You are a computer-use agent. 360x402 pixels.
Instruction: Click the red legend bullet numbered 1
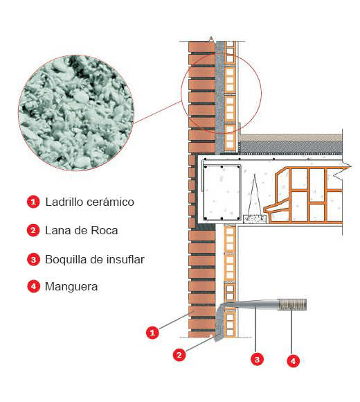tap(33, 202)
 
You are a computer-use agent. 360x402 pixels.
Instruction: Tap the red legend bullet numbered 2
tap(33, 230)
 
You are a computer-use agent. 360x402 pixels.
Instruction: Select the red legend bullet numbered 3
tap(33, 259)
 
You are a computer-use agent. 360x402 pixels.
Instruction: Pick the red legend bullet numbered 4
tap(33, 286)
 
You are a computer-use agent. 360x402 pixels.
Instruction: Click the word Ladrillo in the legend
tap(64, 202)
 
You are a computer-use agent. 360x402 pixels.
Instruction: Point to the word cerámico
tap(110, 202)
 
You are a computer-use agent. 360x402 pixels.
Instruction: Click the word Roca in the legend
tap(105, 231)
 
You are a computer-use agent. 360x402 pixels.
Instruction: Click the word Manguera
tap(71, 286)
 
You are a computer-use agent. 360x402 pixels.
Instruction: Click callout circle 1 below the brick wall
tap(152, 333)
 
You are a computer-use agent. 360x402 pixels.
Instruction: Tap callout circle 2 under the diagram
tap(179, 355)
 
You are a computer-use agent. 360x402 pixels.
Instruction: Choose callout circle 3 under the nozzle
tap(257, 359)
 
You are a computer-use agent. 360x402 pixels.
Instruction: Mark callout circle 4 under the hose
tap(293, 361)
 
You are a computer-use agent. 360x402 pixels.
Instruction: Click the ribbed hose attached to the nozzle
tap(292, 304)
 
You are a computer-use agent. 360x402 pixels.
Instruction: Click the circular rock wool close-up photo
tap(76, 113)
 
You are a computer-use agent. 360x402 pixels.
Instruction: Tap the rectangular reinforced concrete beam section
tap(222, 193)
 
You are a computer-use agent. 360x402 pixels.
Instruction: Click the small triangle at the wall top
tap(211, 39)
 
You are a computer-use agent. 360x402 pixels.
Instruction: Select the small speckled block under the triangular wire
tap(255, 219)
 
